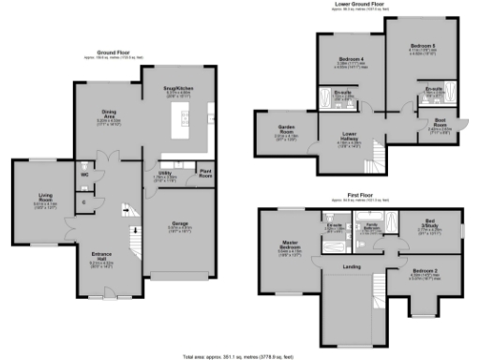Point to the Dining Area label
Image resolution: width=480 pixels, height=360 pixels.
click(112, 119)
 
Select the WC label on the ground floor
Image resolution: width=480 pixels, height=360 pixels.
click(84, 175)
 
